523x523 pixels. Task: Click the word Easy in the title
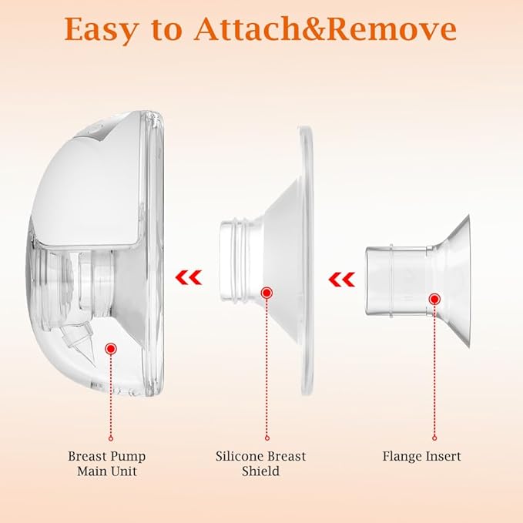click(100, 30)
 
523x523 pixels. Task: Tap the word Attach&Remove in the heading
click(325, 29)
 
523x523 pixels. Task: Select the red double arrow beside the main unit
click(189, 277)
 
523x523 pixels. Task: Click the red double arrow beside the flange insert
click(341, 280)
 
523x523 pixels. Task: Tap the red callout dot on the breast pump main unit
click(111, 349)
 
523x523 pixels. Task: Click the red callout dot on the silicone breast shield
click(267, 293)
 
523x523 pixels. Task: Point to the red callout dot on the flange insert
click(434, 299)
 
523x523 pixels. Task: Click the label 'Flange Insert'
click(421, 456)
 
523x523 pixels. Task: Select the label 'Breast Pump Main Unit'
click(107, 464)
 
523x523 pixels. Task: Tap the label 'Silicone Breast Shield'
click(260, 464)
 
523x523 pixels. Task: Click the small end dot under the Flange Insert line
click(434, 438)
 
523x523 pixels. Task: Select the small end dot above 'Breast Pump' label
click(111, 438)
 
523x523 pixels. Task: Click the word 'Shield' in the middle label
click(260, 471)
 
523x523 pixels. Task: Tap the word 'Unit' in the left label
click(125, 471)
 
